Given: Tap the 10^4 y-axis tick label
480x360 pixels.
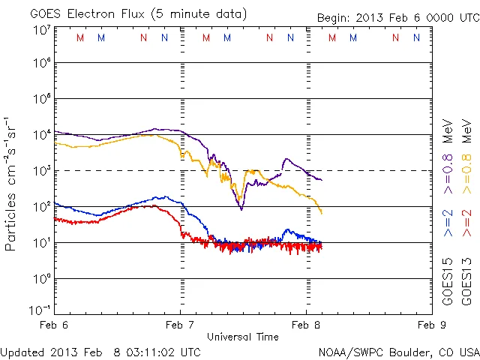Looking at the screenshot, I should (40, 135).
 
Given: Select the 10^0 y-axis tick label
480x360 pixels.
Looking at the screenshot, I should (40, 279).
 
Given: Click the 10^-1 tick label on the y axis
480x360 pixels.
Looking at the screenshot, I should (39, 309).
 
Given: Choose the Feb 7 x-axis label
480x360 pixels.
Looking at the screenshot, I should (180, 325).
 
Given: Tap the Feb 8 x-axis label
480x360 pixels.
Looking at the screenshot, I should (305, 325).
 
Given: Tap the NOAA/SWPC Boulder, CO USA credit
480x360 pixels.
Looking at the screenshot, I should (397, 352).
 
